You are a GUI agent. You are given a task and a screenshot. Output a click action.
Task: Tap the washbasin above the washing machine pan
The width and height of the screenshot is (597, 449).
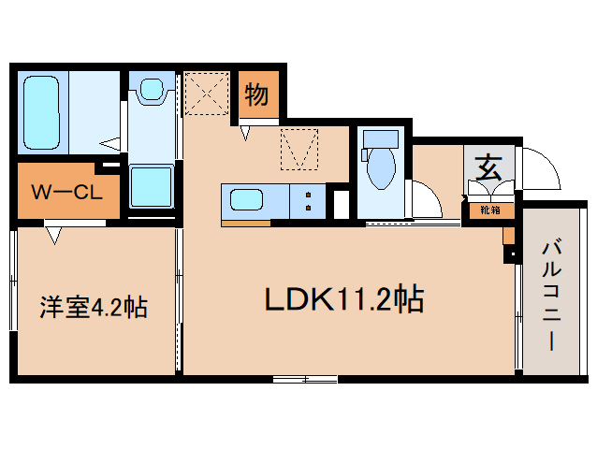150,91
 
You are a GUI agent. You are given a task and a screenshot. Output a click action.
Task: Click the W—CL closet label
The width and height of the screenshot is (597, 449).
67,194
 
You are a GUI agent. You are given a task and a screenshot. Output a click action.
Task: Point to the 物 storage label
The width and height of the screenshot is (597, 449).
256,94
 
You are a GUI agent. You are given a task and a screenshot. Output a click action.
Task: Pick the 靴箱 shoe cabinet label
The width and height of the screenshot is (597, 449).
490,210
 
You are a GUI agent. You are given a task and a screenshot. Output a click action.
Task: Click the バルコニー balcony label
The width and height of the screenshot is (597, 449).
550,296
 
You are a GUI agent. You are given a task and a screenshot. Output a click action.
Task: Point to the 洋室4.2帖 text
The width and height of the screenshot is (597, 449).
93,306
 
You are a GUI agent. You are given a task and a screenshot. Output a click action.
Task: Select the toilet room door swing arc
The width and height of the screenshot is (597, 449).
426,199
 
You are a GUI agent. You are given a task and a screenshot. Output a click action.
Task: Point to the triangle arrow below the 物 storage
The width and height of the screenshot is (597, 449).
244,134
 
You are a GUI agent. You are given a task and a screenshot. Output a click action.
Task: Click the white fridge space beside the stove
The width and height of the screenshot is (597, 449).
341,203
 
